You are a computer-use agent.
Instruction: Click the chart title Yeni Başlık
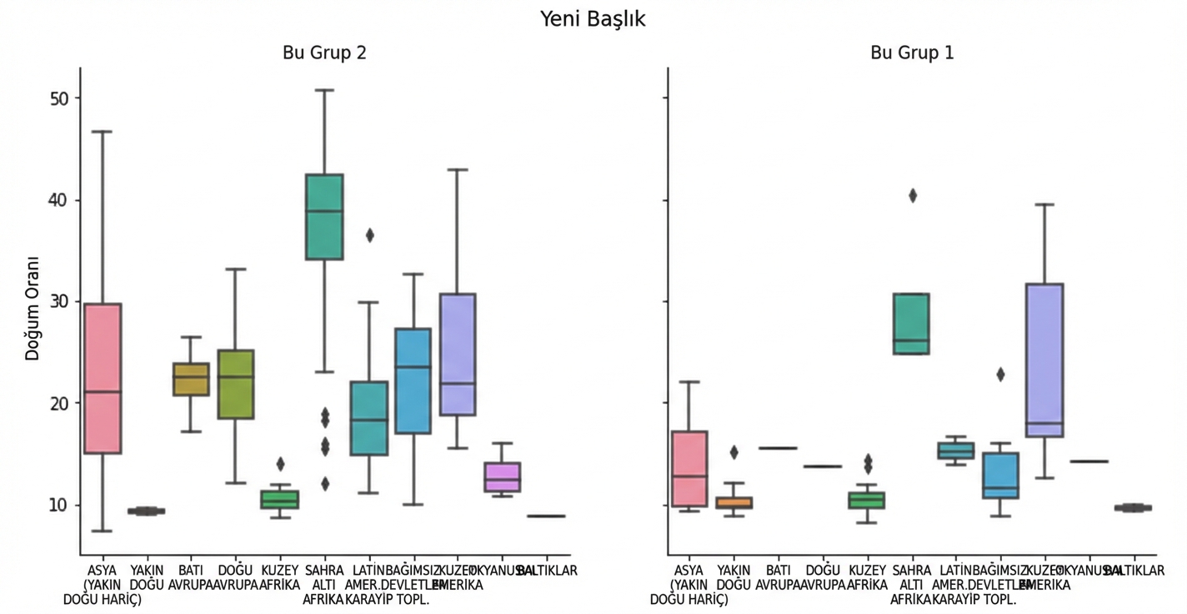[593, 18]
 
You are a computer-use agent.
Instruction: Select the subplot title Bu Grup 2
[325, 53]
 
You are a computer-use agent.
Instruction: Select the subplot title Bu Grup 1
[912, 53]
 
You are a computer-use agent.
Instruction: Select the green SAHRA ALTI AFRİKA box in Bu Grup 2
[324, 217]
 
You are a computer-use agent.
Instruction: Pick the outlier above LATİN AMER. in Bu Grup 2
[369, 235]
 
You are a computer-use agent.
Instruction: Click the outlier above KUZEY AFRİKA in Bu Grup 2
[280, 464]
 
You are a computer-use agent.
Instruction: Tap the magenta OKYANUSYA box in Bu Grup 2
[502, 476]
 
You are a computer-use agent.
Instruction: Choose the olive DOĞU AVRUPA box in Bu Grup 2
[235, 384]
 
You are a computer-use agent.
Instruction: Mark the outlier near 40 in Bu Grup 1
[913, 195]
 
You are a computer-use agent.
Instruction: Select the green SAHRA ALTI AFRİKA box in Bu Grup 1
[911, 324]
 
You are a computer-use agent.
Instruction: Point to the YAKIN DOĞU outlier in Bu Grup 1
[734, 452]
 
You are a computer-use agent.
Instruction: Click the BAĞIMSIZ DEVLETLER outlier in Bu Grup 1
[1000, 375]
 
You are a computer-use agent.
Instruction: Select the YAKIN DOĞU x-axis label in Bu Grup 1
[734, 577]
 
